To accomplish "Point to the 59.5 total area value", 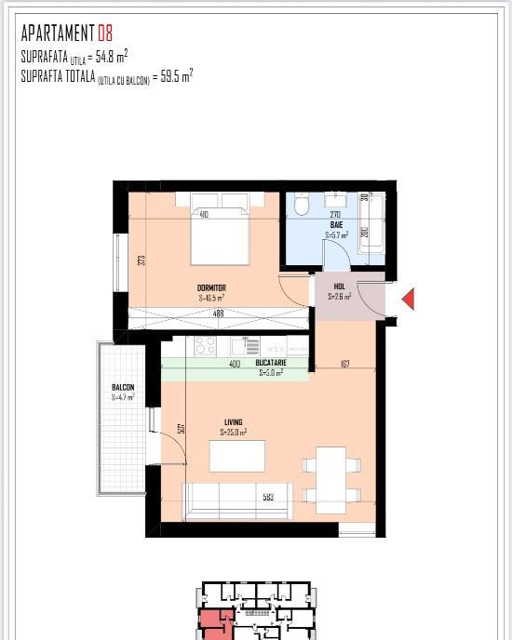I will (x=172, y=78).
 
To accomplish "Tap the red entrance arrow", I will (x=407, y=299).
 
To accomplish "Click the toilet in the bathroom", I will (x=301, y=205).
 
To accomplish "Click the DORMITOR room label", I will (x=211, y=288).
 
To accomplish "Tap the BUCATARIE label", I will (x=271, y=364).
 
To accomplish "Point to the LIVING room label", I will (x=233, y=422).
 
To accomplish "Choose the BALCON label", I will (x=123, y=388).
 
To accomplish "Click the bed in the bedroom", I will (x=220, y=232).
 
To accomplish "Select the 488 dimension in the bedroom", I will (x=219, y=313).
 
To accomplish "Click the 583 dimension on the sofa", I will (x=268, y=498).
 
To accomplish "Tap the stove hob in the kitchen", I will (x=205, y=346).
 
